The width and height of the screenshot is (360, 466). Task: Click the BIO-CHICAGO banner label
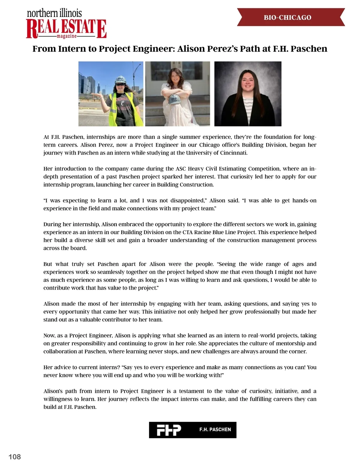click(287, 18)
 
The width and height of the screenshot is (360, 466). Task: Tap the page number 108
click(15, 457)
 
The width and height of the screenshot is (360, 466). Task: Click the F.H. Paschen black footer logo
click(193, 430)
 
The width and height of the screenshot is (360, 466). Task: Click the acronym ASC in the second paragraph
click(181, 169)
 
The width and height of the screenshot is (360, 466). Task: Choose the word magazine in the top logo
click(67, 36)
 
